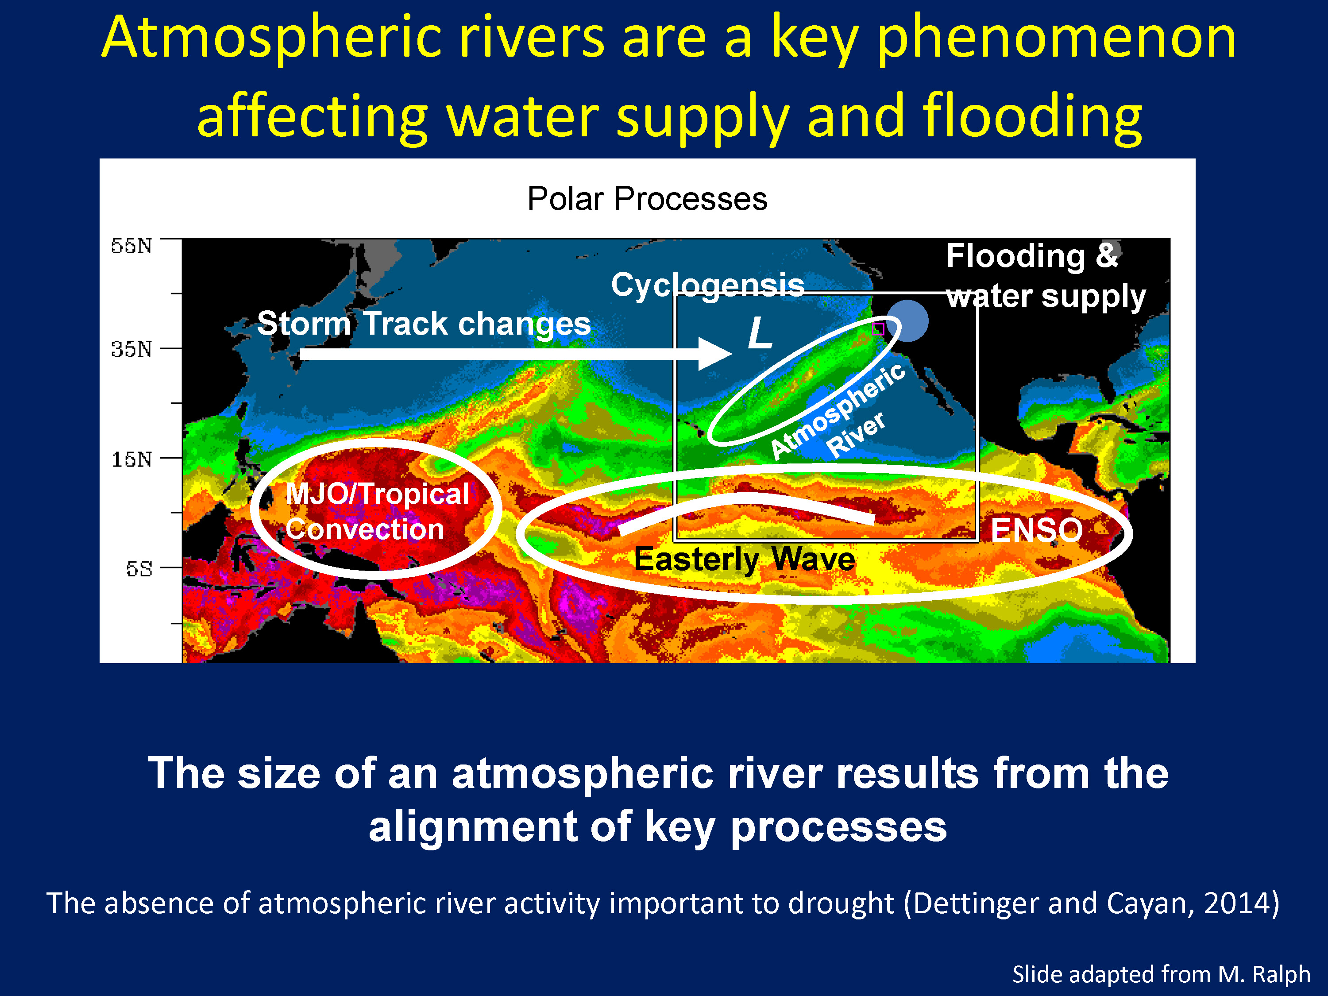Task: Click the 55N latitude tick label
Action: pyautogui.click(x=131, y=246)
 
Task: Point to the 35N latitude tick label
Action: pyautogui.click(x=131, y=349)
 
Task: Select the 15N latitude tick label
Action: pyautogui.click(x=131, y=459)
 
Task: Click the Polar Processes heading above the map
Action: pyautogui.click(x=647, y=199)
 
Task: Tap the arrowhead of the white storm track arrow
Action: pyautogui.click(x=714, y=354)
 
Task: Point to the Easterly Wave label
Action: pyautogui.click(x=745, y=560)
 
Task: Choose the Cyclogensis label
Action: pyautogui.click(x=708, y=285)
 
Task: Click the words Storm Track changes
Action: pyautogui.click(x=424, y=324)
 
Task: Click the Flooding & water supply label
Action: pyautogui.click(x=1046, y=276)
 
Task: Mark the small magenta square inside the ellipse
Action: pyautogui.click(x=878, y=328)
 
